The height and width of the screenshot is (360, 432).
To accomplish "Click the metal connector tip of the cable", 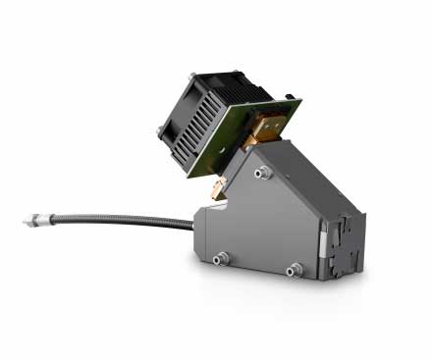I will pos(30,221).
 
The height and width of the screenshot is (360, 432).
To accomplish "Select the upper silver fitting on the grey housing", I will pos(262,173).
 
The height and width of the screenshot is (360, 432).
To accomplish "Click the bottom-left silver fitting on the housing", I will pos(221,258).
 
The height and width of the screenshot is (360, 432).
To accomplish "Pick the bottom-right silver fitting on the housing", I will pos(293,270).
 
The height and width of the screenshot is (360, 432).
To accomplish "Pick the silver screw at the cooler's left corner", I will pos(160,129).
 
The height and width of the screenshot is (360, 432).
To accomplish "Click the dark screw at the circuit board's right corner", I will pos(291,98).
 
